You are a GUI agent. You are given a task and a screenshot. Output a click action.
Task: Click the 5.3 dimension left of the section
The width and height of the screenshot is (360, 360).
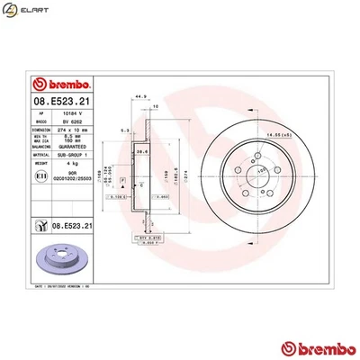(x=123, y=131)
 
